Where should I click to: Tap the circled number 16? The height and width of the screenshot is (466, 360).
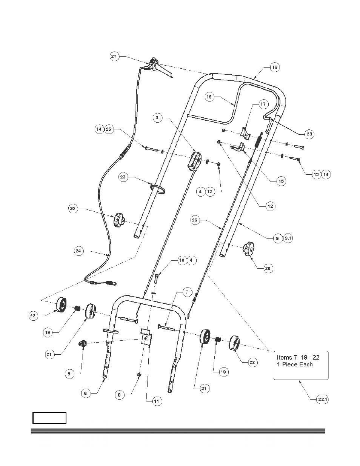[210, 97]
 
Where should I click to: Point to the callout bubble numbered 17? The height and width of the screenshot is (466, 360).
[263, 104]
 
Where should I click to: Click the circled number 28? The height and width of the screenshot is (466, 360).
[309, 134]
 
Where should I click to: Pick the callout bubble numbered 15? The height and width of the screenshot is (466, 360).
[281, 181]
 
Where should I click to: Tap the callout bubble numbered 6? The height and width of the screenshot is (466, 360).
[86, 392]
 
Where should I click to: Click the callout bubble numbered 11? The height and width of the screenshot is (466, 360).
[156, 401]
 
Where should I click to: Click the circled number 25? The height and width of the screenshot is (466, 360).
[108, 129]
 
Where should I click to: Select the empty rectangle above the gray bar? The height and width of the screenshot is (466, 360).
[49, 418]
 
